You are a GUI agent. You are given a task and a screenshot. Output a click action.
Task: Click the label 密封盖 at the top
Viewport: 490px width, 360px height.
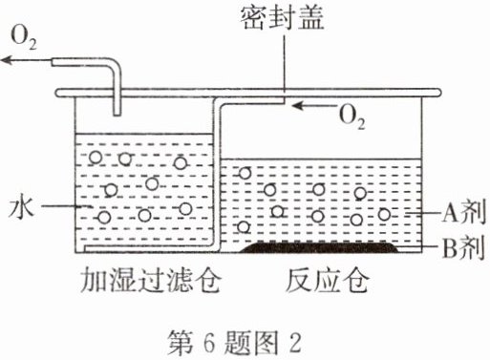click(282, 17)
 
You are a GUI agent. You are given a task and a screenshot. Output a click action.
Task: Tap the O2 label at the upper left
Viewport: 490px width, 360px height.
click(24, 38)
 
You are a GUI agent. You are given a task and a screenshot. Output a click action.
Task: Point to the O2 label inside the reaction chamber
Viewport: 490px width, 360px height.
click(352, 117)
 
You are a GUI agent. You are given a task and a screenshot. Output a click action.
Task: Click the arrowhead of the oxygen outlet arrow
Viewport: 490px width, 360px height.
click(7, 60)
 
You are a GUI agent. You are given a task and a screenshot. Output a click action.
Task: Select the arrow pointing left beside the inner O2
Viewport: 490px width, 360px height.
click(313, 105)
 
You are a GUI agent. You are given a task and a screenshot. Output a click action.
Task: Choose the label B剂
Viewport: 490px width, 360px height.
click(464, 247)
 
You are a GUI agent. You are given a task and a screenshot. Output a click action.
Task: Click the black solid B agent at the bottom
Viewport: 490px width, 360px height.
click(319, 247)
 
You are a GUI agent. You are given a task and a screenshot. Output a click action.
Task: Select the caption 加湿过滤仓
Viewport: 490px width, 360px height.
click(150, 281)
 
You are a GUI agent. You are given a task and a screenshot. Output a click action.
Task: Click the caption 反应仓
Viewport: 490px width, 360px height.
click(328, 281)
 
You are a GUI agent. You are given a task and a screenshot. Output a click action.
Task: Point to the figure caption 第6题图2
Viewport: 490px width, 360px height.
click(234, 343)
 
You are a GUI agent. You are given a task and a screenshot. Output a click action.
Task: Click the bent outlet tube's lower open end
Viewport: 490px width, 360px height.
click(117, 114)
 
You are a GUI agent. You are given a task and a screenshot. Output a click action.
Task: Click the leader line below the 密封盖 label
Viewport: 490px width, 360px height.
click(284, 66)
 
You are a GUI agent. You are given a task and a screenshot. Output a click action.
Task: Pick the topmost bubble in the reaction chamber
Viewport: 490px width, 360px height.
click(245, 173)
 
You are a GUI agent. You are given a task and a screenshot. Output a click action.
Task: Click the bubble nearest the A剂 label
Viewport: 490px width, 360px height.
click(384, 215)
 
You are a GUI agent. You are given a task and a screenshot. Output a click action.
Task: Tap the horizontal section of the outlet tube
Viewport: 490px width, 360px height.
click(82, 62)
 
